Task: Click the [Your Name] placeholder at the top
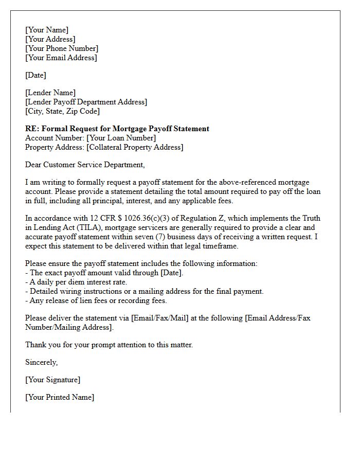tap(47, 30)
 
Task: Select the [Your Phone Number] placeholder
tap(62, 48)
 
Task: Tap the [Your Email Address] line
tap(61, 58)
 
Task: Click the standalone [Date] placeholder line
tap(35, 75)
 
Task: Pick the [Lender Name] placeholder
tap(50, 93)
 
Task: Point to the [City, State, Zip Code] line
tap(62, 111)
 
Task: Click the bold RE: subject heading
tap(117, 129)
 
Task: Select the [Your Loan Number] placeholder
tap(121, 138)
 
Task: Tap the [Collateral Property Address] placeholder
tap(135, 147)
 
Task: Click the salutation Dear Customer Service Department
tap(85, 165)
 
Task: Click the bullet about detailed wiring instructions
tap(144, 291)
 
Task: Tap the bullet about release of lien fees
tap(96, 300)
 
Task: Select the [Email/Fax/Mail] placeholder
tap(160, 318)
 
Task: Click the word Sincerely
tap(41, 362)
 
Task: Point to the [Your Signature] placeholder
tap(52, 380)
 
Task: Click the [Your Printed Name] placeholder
tap(60, 397)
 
